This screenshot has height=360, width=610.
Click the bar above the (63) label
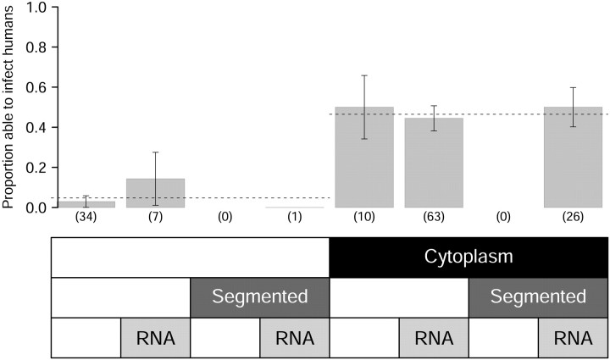(434, 163)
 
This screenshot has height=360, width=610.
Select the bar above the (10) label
(363, 158)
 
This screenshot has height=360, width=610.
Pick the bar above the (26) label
(573, 158)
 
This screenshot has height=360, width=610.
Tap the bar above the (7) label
(155, 193)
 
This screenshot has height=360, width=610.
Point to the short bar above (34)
(86, 204)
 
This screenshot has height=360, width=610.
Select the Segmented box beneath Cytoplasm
(538, 297)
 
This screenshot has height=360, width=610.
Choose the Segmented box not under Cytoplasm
(259, 297)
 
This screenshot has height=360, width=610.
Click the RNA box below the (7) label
(155, 338)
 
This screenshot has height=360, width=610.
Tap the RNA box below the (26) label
(573, 338)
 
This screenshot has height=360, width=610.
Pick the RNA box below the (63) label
(434, 338)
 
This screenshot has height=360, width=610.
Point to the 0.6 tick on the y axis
(40, 87)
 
